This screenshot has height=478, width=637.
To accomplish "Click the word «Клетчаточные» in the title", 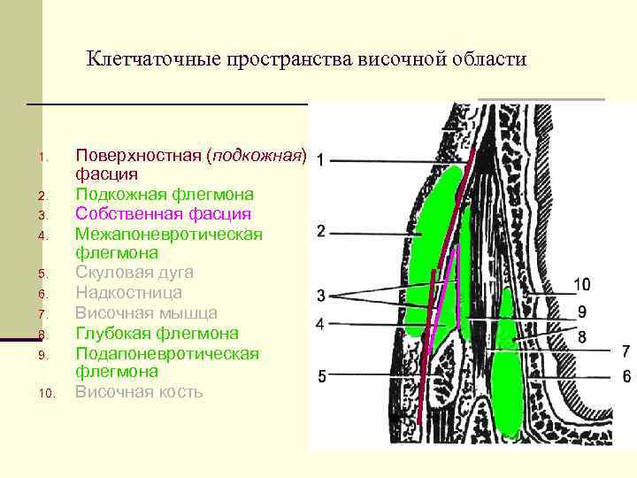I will [x=153, y=59].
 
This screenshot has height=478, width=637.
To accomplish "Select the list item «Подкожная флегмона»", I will [x=164, y=194].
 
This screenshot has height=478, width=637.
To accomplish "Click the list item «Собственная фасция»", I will [x=163, y=214].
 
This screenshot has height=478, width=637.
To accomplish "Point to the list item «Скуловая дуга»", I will [x=134, y=273].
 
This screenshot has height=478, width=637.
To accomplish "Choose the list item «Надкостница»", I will [x=128, y=293].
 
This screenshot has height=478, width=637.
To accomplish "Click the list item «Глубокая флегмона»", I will [x=157, y=334].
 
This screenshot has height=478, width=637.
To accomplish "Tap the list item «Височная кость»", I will [x=139, y=391].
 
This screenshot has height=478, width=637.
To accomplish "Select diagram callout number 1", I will [x=319, y=159].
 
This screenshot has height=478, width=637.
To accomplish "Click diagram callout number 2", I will [x=320, y=232].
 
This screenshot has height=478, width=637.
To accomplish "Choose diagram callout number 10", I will [x=581, y=284].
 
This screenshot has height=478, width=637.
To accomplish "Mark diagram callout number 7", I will [x=625, y=351].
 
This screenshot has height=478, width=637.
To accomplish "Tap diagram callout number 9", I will [x=581, y=312].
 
